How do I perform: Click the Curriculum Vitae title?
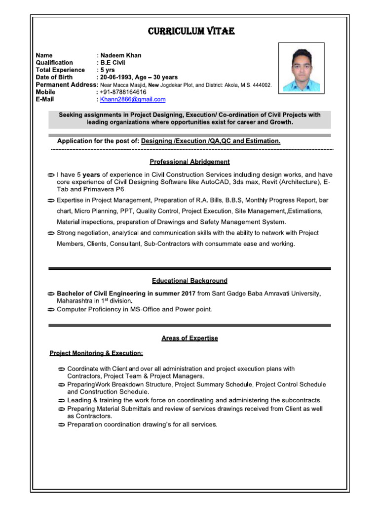[191, 32]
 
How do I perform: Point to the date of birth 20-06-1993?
[117, 78]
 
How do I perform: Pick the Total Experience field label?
[61, 70]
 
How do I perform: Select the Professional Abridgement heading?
[189, 162]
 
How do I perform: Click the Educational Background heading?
[189, 281]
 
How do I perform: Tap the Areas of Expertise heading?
[189, 338]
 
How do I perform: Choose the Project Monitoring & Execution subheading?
[96, 353]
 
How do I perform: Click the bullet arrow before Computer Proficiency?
[51, 310]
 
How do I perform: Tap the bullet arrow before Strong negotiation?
[51, 233]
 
